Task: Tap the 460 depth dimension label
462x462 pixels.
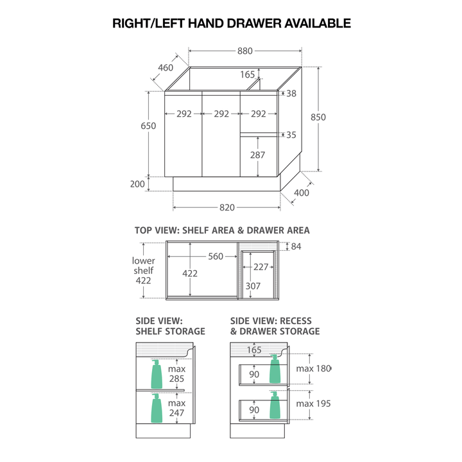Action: point(166,67)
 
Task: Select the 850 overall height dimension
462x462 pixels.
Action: point(318,117)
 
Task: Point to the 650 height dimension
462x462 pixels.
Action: point(148,126)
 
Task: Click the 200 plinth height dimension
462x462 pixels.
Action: point(137,184)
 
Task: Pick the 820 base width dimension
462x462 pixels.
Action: point(227,207)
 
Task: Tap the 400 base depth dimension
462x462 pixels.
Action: point(301,193)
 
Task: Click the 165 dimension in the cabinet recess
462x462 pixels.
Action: point(248,74)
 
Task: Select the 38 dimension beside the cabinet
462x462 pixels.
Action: point(291,94)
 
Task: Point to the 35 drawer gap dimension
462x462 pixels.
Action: point(291,135)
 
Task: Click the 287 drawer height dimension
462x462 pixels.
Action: point(257,155)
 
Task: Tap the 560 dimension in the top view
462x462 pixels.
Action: point(215,257)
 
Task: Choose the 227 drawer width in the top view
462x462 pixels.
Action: point(261,267)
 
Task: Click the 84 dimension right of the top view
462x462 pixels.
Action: point(296,246)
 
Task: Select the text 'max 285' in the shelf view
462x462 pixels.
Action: point(176,375)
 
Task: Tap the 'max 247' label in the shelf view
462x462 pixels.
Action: point(176,407)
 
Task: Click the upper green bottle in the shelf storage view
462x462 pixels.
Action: point(156,374)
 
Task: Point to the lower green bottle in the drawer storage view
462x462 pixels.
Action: point(275,406)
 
